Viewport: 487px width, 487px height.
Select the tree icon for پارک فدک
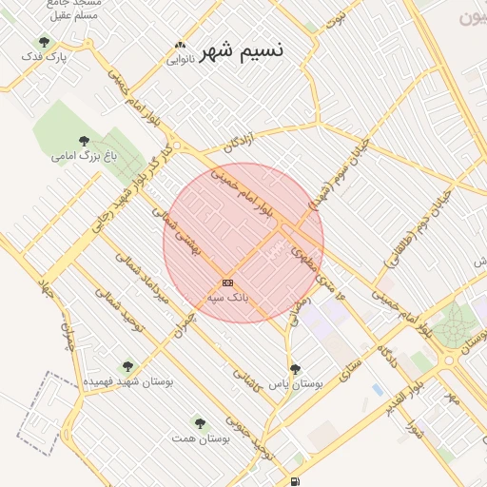point(44,42)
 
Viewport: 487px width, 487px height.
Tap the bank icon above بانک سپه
point(227,282)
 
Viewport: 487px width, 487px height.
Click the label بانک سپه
point(228,297)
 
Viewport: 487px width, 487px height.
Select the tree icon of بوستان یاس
point(295,368)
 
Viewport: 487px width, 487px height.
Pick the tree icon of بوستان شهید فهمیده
point(127,366)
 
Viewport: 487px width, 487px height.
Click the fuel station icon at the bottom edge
point(297,481)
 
